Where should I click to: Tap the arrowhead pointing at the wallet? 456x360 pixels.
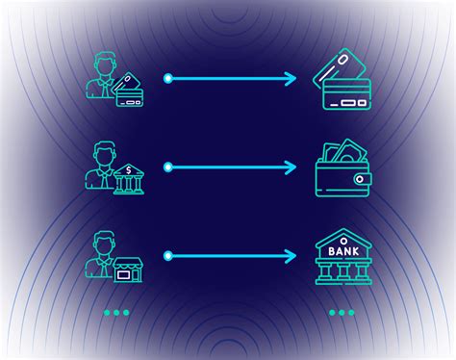[292, 167]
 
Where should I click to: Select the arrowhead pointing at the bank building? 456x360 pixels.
[292, 256]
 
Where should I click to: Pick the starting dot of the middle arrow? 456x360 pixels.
[167, 167]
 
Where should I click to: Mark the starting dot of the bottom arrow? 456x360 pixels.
[167, 256]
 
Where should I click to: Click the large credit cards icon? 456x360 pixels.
[341, 79]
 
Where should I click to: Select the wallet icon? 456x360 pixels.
[342, 171]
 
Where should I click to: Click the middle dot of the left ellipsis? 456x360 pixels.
[115, 312]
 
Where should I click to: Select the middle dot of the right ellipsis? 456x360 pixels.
[342, 312]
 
